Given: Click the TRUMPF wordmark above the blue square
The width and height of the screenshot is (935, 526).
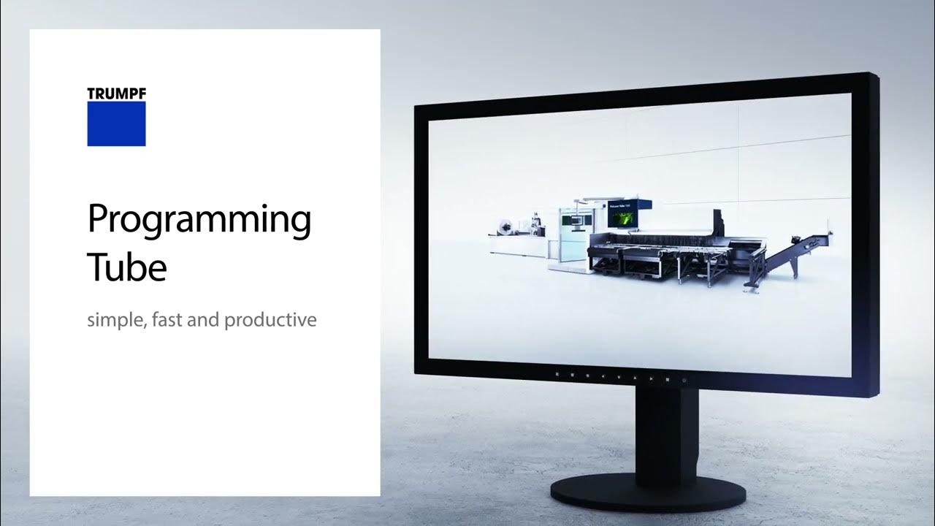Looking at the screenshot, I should (x=116, y=94).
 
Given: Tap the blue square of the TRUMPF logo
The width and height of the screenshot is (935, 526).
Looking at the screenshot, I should (x=116, y=123).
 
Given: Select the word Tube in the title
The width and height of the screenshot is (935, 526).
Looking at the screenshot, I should (x=127, y=267).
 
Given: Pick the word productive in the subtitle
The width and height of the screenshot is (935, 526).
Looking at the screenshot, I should (x=270, y=320).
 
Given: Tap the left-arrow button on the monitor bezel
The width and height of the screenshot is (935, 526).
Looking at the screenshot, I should (x=603, y=377).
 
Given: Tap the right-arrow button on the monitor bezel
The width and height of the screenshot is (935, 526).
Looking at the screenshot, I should (x=652, y=378).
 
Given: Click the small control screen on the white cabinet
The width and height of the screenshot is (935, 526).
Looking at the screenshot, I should (x=576, y=218).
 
